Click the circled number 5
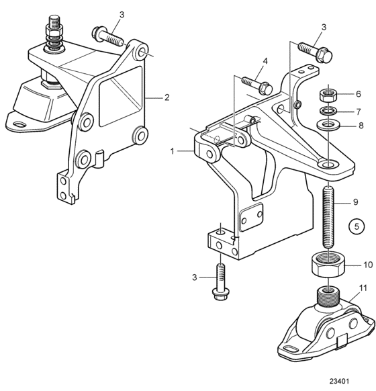click(357, 226)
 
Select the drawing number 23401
click(339, 382)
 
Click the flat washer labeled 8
click(328, 124)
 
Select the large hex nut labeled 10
click(328, 265)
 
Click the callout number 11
click(363, 288)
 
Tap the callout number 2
click(167, 97)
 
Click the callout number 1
click(172, 151)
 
